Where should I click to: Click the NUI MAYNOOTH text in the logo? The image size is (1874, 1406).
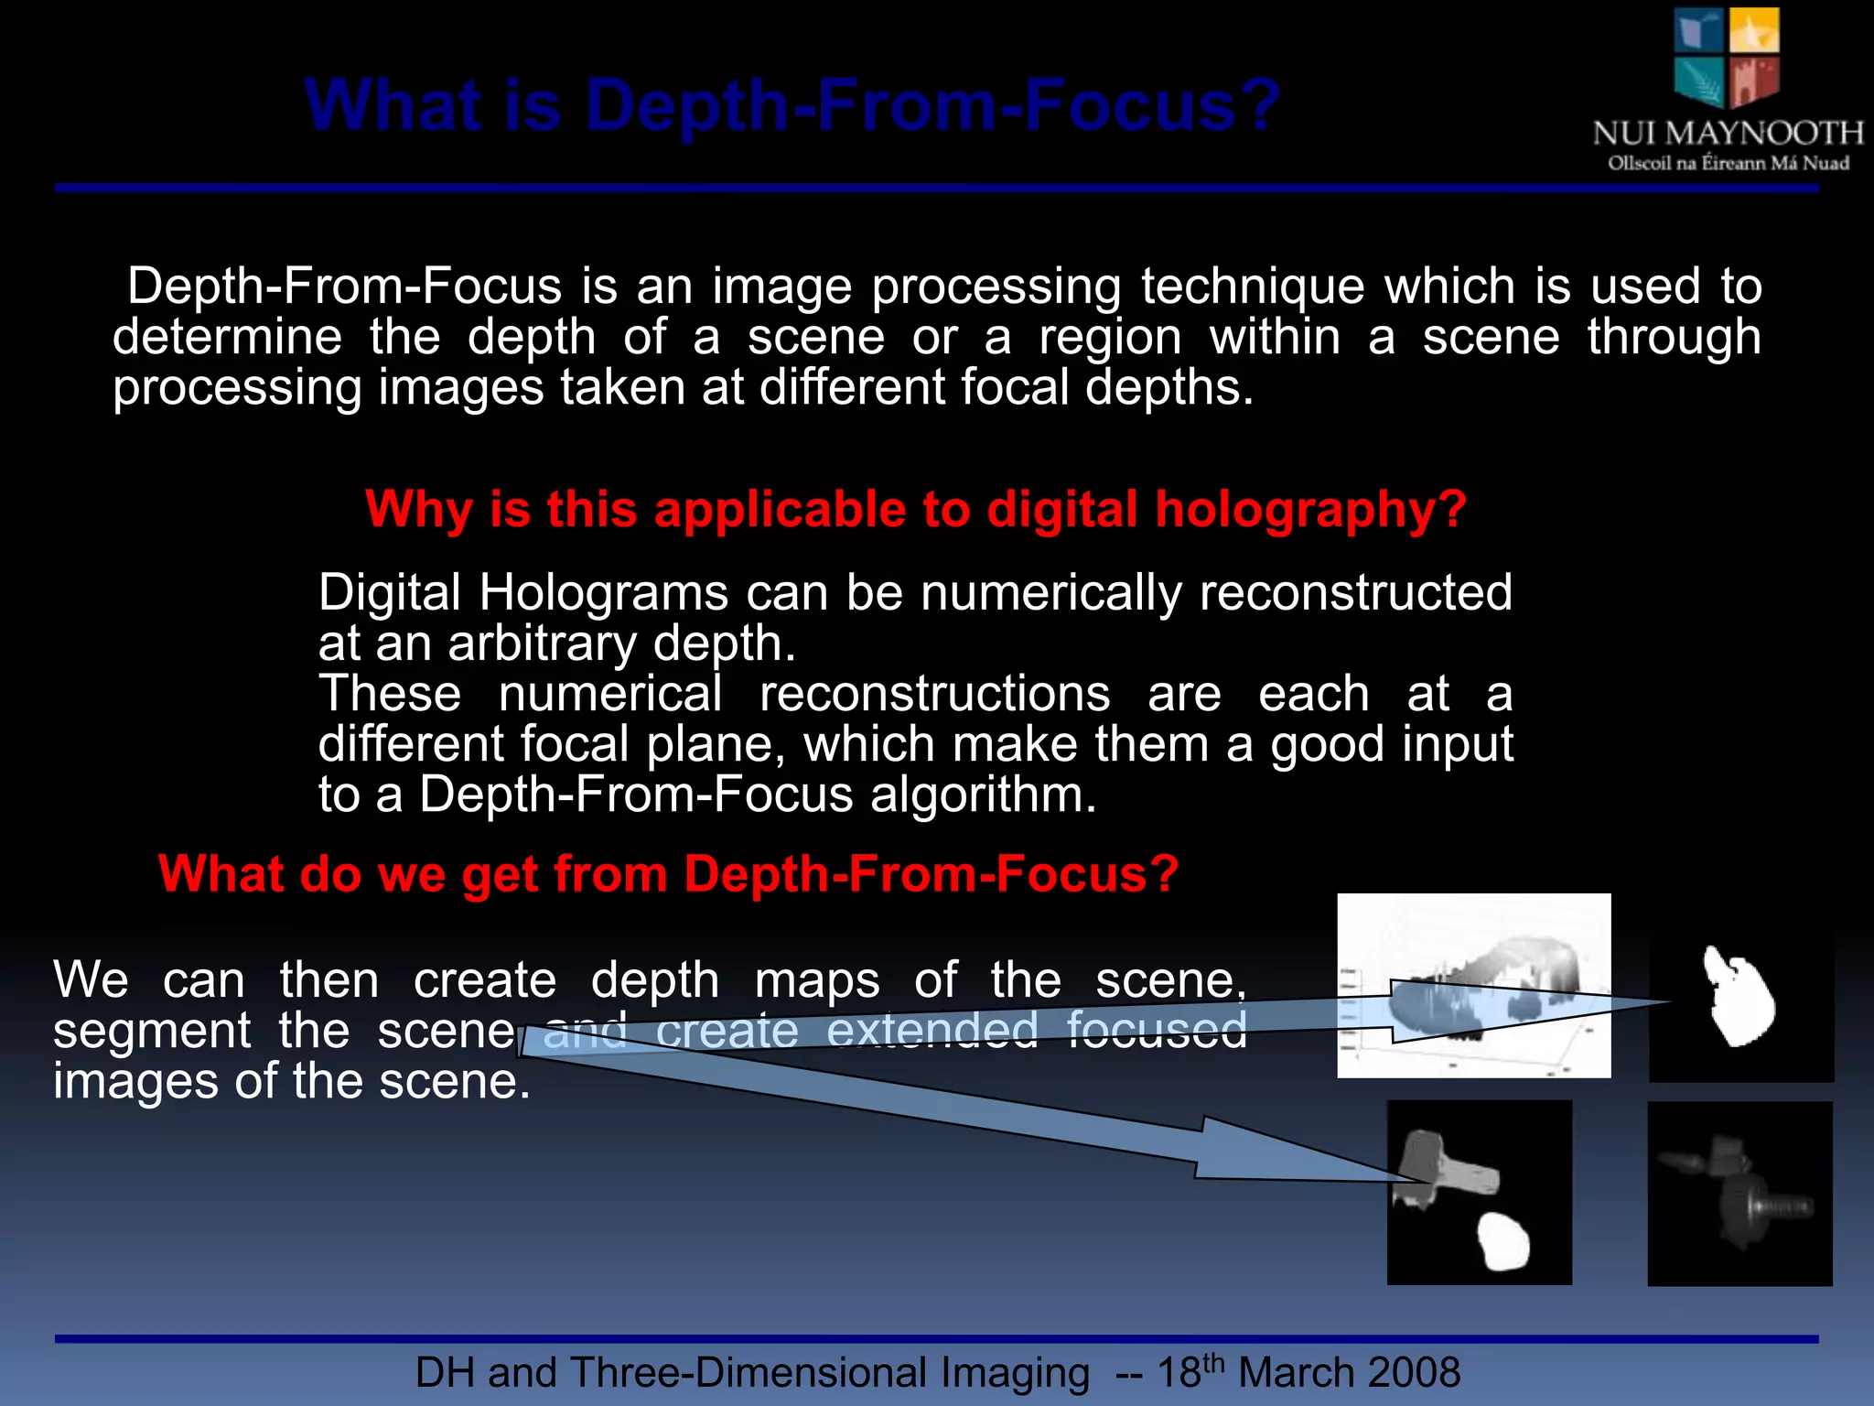(x=1728, y=134)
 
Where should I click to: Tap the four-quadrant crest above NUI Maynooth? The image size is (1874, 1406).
(x=1727, y=57)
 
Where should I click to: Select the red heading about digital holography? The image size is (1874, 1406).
(x=915, y=509)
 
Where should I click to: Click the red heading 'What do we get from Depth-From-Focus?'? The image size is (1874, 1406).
(x=668, y=873)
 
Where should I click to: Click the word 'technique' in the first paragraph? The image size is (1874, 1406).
(x=1252, y=287)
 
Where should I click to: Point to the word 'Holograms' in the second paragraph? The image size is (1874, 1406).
(x=604, y=592)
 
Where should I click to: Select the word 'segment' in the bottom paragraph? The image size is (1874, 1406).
(x=152, y=1031)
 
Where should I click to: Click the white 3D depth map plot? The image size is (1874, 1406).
(x=1473, y=985)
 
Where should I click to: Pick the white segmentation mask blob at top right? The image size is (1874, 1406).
(x=1739, y=998)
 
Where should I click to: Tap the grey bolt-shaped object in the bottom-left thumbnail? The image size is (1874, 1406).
(x=1446, y=1167)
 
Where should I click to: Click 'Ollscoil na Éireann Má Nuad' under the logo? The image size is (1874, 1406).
(x=1729, y=164)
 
